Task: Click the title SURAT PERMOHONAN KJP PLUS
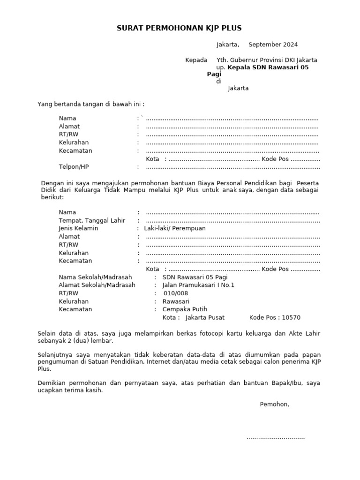pyautogui.click(x=179, y=28)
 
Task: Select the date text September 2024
pyautogui.click(x=273, y=45)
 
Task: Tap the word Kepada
pyautogui.click(x=196, y=60)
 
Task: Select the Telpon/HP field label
pyautogui.click(x=74, y=167)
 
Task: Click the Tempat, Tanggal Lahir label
pyautogui.click(x=92, y=220)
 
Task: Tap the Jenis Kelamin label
pyautogui.click(x=78, y=228)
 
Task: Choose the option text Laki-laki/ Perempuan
pyautogui.click(x=174, y=228)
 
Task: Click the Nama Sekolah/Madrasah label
pyautogui.click(x=95, y=277)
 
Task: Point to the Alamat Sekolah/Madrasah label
pyautogui.click(x=97, y=285)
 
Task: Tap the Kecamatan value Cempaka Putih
pyautogui.click(x=185, y=309)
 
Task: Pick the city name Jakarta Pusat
pyautogui.click(x=205, y=317)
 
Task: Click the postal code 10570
pyautogui.click(x=291, y=317)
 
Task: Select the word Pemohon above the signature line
pyautogui.click(x=274, y=404)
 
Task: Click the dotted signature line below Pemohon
pyautogui.click(x=276, y=437)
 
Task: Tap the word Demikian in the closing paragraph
pyautogui.click(x=51, y=383)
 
